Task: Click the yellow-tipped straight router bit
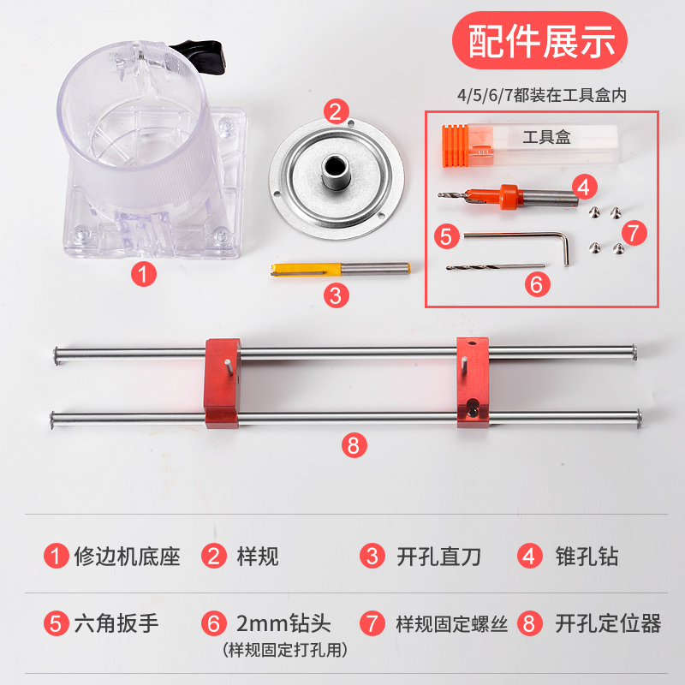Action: (x=338, y=269)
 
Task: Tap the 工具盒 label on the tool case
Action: (x=545, y=136)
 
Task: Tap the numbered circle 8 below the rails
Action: (x=354, y=444)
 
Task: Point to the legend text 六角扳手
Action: (x=117, y=622)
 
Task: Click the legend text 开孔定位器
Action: (x=609, y=622)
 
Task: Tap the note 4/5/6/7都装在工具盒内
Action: (x=542, y=96)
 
